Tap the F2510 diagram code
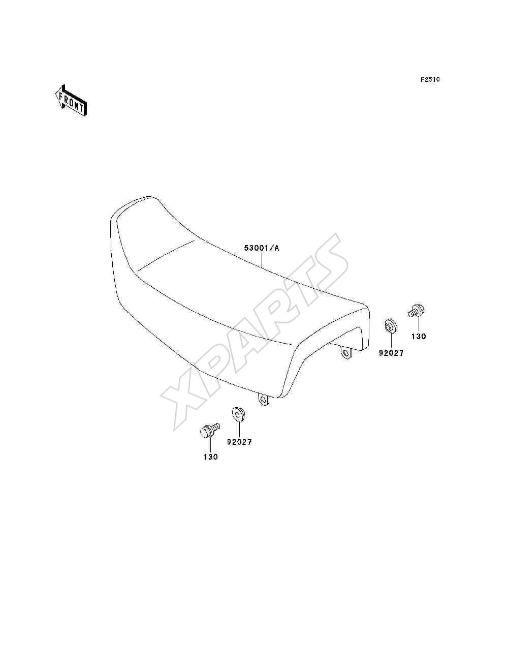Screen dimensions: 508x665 (x=430, y=80)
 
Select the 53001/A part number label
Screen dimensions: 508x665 (x=262, y=248)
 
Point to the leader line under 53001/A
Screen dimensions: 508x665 (x=262, y=260)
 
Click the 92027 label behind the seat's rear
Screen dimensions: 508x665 (x=391, y=353)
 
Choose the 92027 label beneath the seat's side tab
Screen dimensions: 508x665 (x=239, y=442)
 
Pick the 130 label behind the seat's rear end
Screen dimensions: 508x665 (x=419, y=336)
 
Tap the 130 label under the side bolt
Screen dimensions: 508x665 (x=210, y=457)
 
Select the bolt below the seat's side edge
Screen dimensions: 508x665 (x=210, y=430)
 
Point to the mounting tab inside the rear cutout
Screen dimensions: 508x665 (x=346, y=353)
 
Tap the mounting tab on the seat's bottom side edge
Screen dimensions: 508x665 (x=264, y=400)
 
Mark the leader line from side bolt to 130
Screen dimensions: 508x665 (x=210, y=445)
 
